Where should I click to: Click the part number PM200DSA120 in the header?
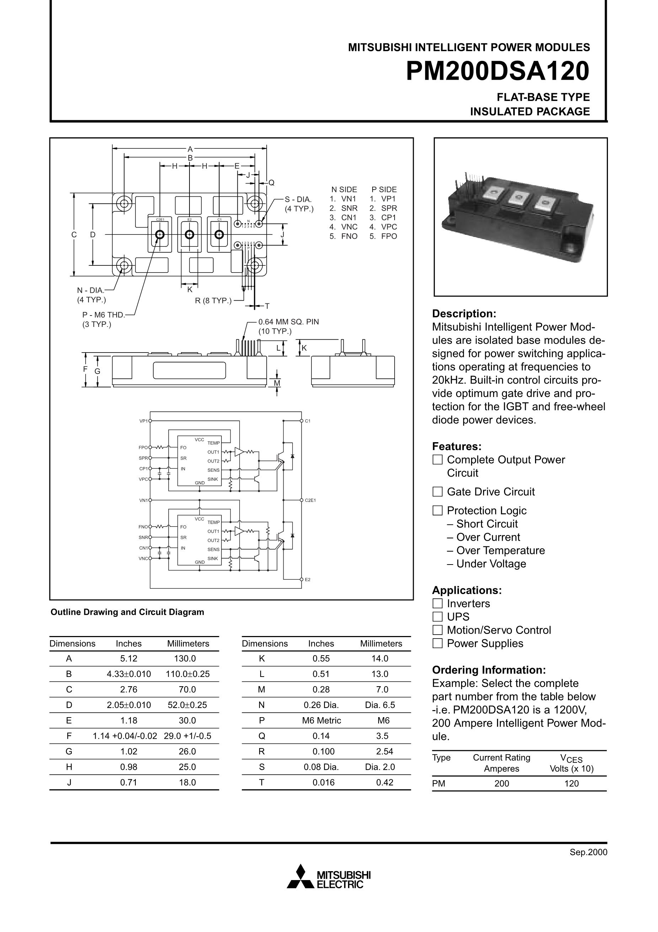click(497, 72)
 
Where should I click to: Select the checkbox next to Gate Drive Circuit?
click(437, 492)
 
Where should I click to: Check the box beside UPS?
click(437, 616)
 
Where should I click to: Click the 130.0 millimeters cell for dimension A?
click(187, 658)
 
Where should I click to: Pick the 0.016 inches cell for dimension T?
click(323, 782)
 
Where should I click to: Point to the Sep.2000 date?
click(588, 852)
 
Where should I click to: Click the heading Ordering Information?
click(489, 670)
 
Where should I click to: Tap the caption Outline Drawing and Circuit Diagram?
click(127, 612)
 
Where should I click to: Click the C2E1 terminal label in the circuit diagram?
click(310, 501)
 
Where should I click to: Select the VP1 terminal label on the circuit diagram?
click(144, 421)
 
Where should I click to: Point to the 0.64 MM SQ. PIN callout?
click(288, 322)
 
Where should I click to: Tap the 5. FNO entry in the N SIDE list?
click(343, 236)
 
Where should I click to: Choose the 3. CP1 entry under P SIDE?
click(383, 218)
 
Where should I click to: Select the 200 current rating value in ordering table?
click(502, 783)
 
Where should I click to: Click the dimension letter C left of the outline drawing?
click(74, 235)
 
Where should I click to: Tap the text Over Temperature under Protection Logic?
click(500, 550)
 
